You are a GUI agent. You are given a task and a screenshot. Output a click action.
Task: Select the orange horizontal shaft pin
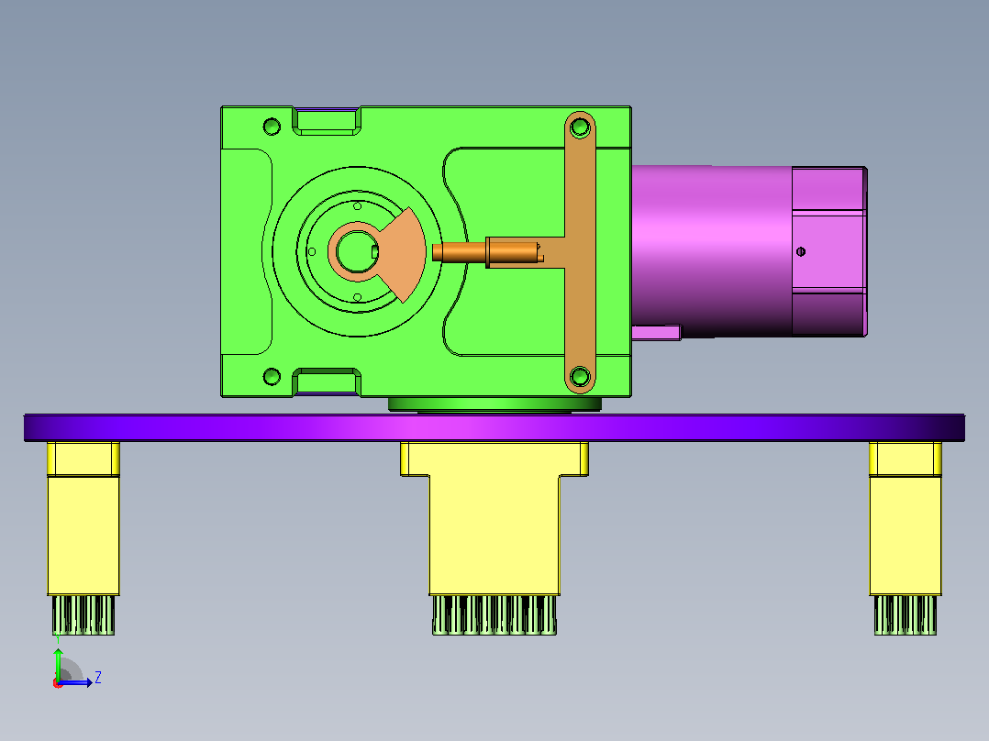[x=485, y=252]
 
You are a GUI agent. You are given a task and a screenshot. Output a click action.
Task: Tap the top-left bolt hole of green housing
[x=272, y=127]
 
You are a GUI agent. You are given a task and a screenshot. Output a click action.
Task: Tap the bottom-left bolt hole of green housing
[x=272, y=377]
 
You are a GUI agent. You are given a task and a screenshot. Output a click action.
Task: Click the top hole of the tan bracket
[x=580, y=128]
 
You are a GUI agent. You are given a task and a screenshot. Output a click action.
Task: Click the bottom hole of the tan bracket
[x=580, y=377]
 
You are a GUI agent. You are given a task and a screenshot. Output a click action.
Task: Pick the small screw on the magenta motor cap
[x=801, y=251]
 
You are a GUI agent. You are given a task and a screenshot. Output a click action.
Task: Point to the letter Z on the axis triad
[x=98, y=678]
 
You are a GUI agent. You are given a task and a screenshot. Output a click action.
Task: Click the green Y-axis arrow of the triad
[x=58, y=663]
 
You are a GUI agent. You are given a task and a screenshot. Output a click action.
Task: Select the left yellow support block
[x=83, y=518]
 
